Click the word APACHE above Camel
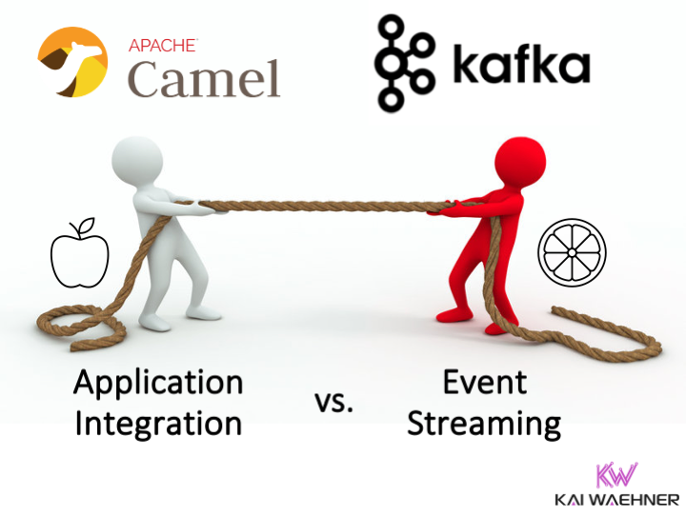[163, 46]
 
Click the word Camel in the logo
[204, 79]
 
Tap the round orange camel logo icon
[72, 62]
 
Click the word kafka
[521, 64]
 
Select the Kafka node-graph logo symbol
[405, 64]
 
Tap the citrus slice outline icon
[572, 252]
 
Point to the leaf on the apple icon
[86, 225]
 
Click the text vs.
[333, 403]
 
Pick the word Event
[485, 382]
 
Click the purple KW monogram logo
[616, 474]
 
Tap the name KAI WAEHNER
[616, 500]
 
